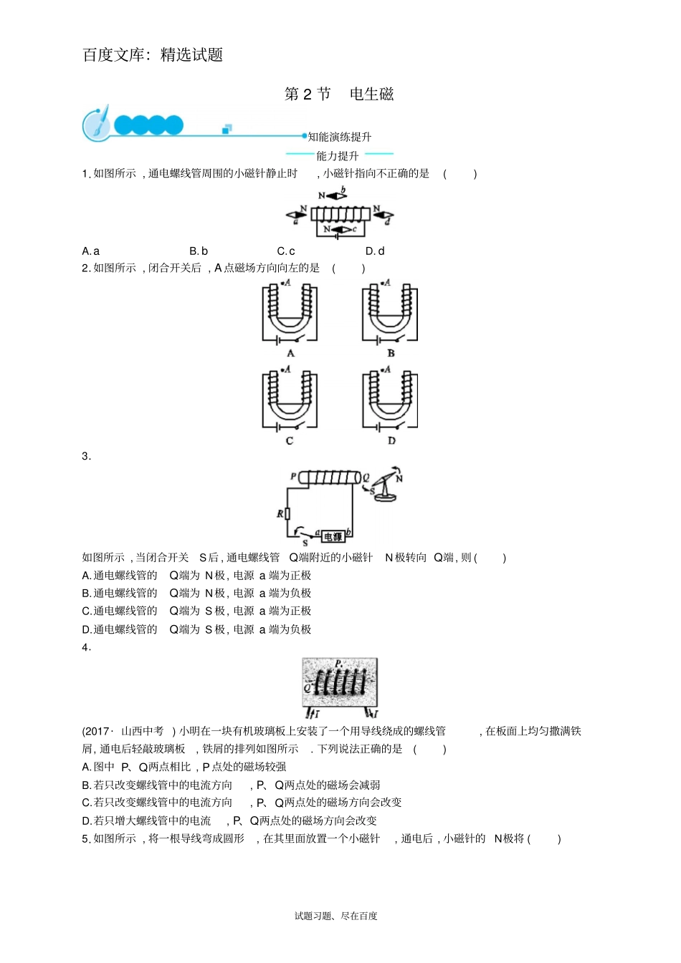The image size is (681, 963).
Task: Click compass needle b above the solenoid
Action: (x=337, y=196)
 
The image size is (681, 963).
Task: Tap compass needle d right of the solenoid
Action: (x=384, y=215)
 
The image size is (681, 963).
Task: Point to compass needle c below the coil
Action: (x=341, y=229)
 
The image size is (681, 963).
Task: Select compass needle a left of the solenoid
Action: (x=296, y=215)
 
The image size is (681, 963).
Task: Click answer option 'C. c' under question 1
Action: (x=286, y=251)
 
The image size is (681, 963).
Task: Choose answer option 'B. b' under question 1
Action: (x=199, y=251)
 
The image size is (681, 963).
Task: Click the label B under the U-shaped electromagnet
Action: (x=391, y=354)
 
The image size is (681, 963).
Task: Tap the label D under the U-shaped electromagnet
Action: (x=391, y=440)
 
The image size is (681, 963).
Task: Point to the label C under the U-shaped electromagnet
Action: (x=290, y=440)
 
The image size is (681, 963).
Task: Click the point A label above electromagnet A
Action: (x=286, y=282)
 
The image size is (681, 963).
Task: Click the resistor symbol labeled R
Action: (x=287, y=513)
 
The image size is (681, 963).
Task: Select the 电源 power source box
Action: (x=333, y=536)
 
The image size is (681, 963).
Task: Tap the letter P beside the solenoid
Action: (x=293, y=476)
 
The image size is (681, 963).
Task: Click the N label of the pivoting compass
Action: (x=399, y=478)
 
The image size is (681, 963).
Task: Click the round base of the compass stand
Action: (x=385, y=497)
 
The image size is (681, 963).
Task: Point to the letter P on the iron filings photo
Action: (x=338, y=663)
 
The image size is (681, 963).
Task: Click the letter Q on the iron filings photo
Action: (x=308, y=687)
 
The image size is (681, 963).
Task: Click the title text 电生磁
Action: (x=371, y=94)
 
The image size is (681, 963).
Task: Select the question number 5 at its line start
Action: (x=85, y=838)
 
